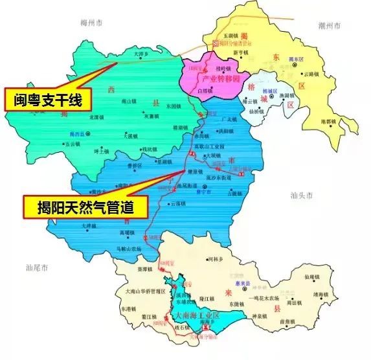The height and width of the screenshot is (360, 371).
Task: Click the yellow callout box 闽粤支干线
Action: pyautogui.click(x=48, y=99)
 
